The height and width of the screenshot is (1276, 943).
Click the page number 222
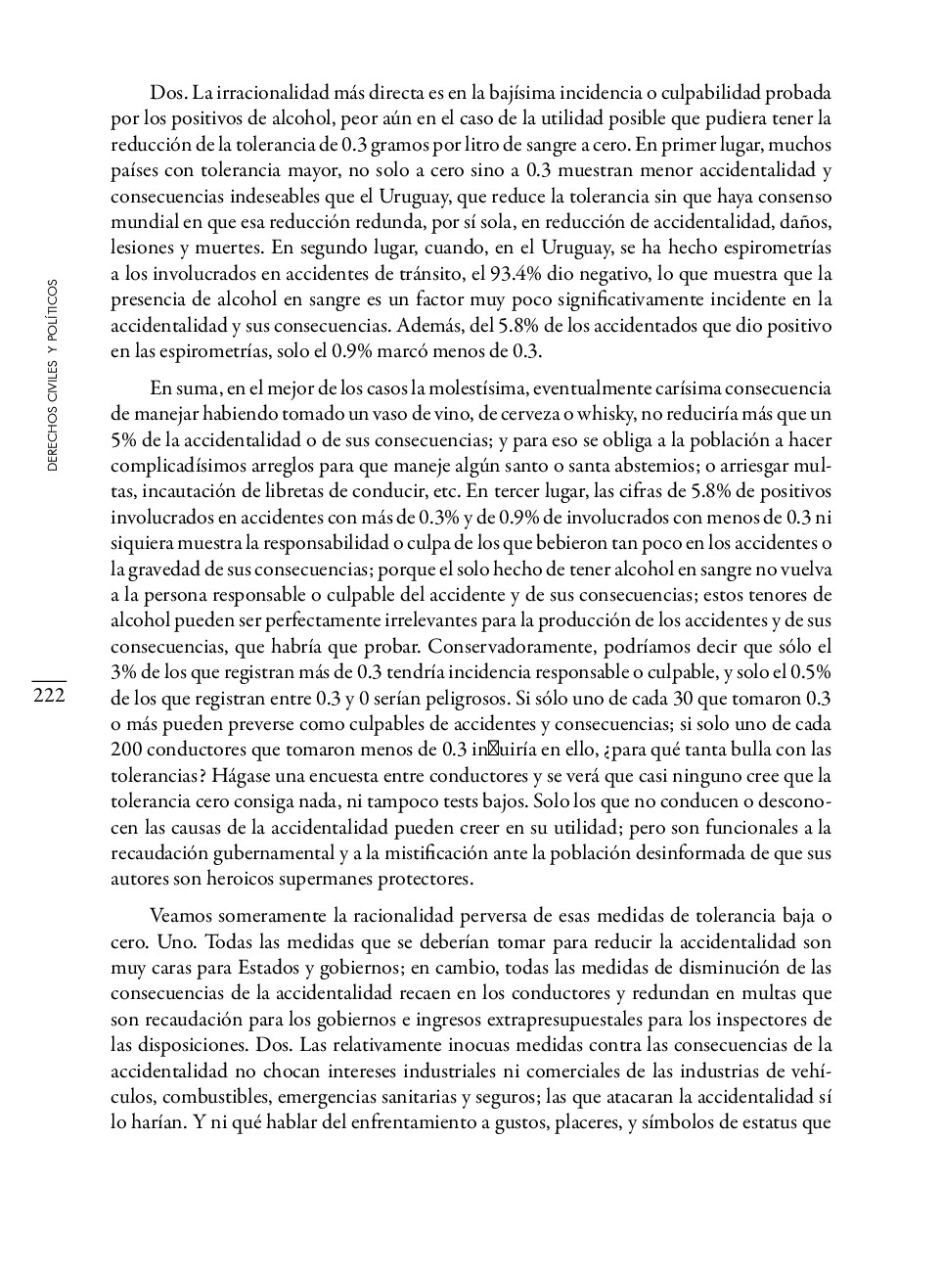click(49, 695)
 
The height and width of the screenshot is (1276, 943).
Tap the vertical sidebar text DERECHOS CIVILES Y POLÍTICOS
click(53, 375)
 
